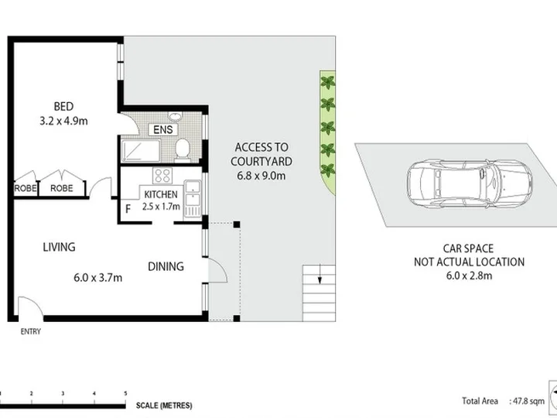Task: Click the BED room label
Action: click(x=63, y=106)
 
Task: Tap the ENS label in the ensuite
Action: click(x=163, y=129)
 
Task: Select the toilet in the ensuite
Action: click(x=183, y=150)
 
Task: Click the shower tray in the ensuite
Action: click(x=141, y=151)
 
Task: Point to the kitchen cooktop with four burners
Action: click(x=162, y=176)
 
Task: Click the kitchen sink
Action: click(x=193, y=193)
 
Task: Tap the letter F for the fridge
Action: click(x=128, y=209)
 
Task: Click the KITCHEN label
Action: click(x=161, y=194)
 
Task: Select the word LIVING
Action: click(x=59, y=247)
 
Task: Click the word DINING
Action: click(x=166, y=266)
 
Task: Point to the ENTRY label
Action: click(x=30, y=331)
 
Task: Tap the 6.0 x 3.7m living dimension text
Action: click(x=98, y=277)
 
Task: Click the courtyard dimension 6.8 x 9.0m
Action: click(x=261, y=176)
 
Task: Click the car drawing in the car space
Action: click(x=470, y=183)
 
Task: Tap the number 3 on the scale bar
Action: click(x=63, y=393)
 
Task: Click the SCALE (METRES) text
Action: click(x=164, y=406)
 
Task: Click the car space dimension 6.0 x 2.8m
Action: click(x=470, y=276)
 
